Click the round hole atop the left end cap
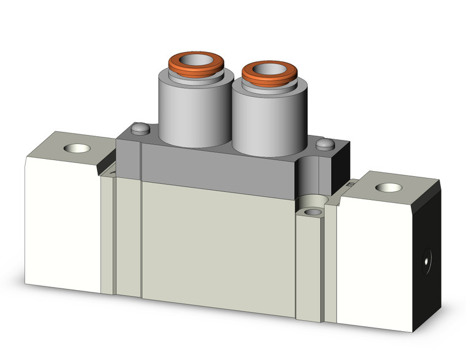point(78,149)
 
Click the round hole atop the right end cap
point(386,188)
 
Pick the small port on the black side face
point(425,261)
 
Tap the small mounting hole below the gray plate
point(313,212)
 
